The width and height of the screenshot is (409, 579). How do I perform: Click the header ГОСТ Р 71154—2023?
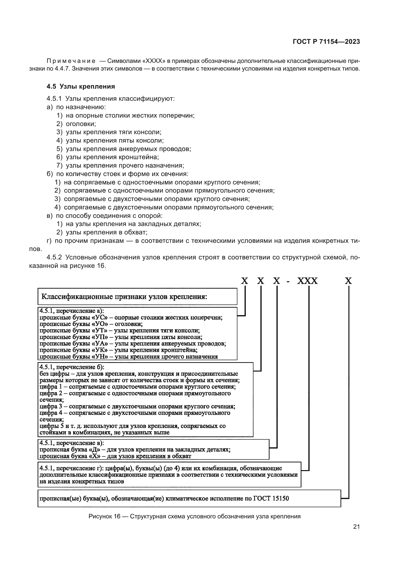click(326, 42)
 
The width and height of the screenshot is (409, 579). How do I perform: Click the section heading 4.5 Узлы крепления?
click(81, 86)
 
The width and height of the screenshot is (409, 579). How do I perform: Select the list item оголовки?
click(81, 124)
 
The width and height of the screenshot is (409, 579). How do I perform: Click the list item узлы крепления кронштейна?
click(112, 157)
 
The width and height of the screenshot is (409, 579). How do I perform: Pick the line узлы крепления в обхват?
click(106, 232)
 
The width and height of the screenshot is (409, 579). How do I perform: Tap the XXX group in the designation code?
click(307, 281)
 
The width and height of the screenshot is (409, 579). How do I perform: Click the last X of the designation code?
click(348, 281)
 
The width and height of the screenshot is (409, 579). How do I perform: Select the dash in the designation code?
click(288, 281)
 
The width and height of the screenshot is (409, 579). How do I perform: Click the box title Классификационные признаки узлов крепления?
click(124, 297)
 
